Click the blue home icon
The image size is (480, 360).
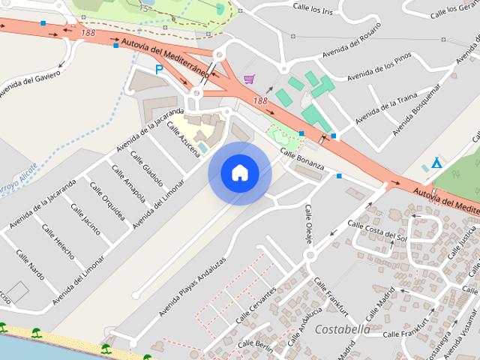click(239, 172)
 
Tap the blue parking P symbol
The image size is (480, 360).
click(159, 69)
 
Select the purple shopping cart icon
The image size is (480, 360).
click(248, 79)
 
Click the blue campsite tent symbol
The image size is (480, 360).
click(436, 163)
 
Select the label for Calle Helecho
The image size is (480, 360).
click(58, 240)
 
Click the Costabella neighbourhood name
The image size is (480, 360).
click(342, 329)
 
